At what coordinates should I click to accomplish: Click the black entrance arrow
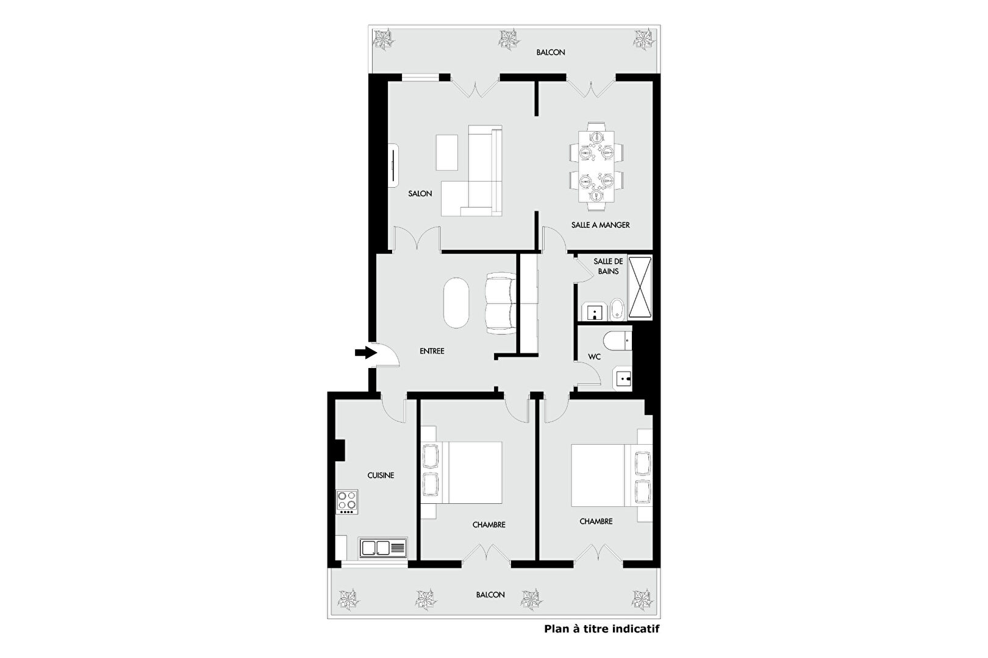(x=366, y=352)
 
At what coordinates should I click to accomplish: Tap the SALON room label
(x=420, y=194)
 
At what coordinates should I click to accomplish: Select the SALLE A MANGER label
(x=600, y=225)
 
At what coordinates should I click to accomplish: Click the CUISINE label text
(x=381, y=475)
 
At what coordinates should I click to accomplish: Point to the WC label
(x=594, y=356)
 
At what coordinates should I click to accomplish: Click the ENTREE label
(x=432, y=351)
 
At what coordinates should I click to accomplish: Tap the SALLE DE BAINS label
(x=608, y=266)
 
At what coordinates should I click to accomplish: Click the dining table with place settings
(x=596, y=166)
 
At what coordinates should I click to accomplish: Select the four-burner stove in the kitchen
(x=346, y=502)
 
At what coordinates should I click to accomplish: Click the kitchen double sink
(x=383, y=548)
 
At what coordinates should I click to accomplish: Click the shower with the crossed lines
(x=640, y=287)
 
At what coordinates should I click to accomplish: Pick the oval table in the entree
(x=456, y=302)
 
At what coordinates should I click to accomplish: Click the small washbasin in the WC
(x=622, y=378)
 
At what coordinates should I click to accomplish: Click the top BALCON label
(x=551, y=52)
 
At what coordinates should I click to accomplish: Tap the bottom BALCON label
(x=490, y=595)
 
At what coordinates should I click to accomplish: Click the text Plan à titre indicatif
(x=601, y=629)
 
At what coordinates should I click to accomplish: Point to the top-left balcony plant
(x=383, y=38)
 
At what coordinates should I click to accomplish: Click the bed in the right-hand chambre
(x=611, y=475)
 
